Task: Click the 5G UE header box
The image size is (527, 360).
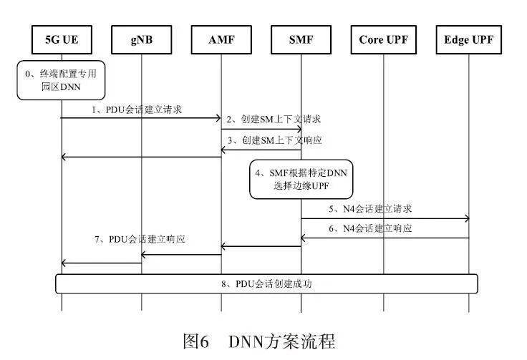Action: coord(62,40)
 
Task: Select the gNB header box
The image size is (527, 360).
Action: coord(142,40)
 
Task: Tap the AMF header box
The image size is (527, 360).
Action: coord(221,40)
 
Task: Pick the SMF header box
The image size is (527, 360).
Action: coord(301,40)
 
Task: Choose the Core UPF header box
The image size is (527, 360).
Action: coord(383,40)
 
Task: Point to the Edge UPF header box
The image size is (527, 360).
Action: coord(469,40)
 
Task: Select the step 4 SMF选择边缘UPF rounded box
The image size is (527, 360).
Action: coord(301,179)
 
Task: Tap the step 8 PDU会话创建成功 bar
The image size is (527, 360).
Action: coord(266,283)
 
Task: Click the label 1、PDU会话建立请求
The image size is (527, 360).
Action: coord(137,110)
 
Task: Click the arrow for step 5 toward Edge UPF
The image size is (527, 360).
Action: coord(385,219)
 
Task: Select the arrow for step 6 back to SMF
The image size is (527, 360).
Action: coord(385,238)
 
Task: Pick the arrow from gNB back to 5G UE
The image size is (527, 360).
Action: coord(102,263)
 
